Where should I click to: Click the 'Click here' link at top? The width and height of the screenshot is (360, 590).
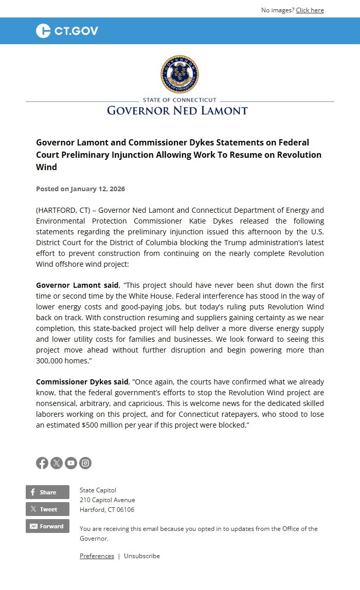point(310,10)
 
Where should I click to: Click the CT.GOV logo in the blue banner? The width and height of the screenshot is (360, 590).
point(67,31)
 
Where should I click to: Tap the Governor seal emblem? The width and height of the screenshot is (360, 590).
point(179,74)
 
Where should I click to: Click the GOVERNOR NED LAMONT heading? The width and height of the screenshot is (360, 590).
point(177,110)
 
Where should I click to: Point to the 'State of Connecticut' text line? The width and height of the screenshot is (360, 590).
point(179,100)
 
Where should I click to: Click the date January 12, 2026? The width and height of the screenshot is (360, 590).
point(98,189)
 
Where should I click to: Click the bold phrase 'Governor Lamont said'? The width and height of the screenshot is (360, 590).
point(77,285)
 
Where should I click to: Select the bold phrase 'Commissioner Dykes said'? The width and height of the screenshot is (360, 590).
point(82,382)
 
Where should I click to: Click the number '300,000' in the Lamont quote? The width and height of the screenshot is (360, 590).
point(50,361)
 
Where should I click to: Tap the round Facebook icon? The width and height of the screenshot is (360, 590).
point(42,463)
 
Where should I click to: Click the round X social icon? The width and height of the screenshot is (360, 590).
point(57,463)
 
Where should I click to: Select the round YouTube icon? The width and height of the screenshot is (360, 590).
point(71,463)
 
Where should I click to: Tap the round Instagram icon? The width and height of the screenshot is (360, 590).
point(85,463)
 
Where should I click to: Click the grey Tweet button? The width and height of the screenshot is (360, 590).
point(47,509)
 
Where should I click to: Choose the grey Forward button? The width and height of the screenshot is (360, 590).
point(47,526)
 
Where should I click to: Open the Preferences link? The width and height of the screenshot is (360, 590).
point(97,556)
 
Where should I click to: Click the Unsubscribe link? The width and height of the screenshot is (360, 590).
point(142,556)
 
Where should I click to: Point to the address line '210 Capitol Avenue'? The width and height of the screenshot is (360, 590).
point(107,500)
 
